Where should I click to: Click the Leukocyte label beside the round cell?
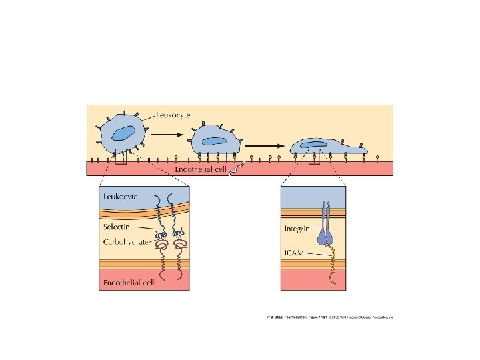click(173, 115)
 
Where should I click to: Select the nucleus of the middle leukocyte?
click(214, 141)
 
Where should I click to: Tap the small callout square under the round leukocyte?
click(120, 157)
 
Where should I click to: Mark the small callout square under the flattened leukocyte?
click(314, 157)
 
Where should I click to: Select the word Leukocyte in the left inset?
click(120, 197)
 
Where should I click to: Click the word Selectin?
click(116, 227)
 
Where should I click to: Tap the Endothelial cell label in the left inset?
click(128, 283)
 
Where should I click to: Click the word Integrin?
click(298, 229)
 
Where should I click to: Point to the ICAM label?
click(295, 251)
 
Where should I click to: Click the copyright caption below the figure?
click(327, 316)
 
